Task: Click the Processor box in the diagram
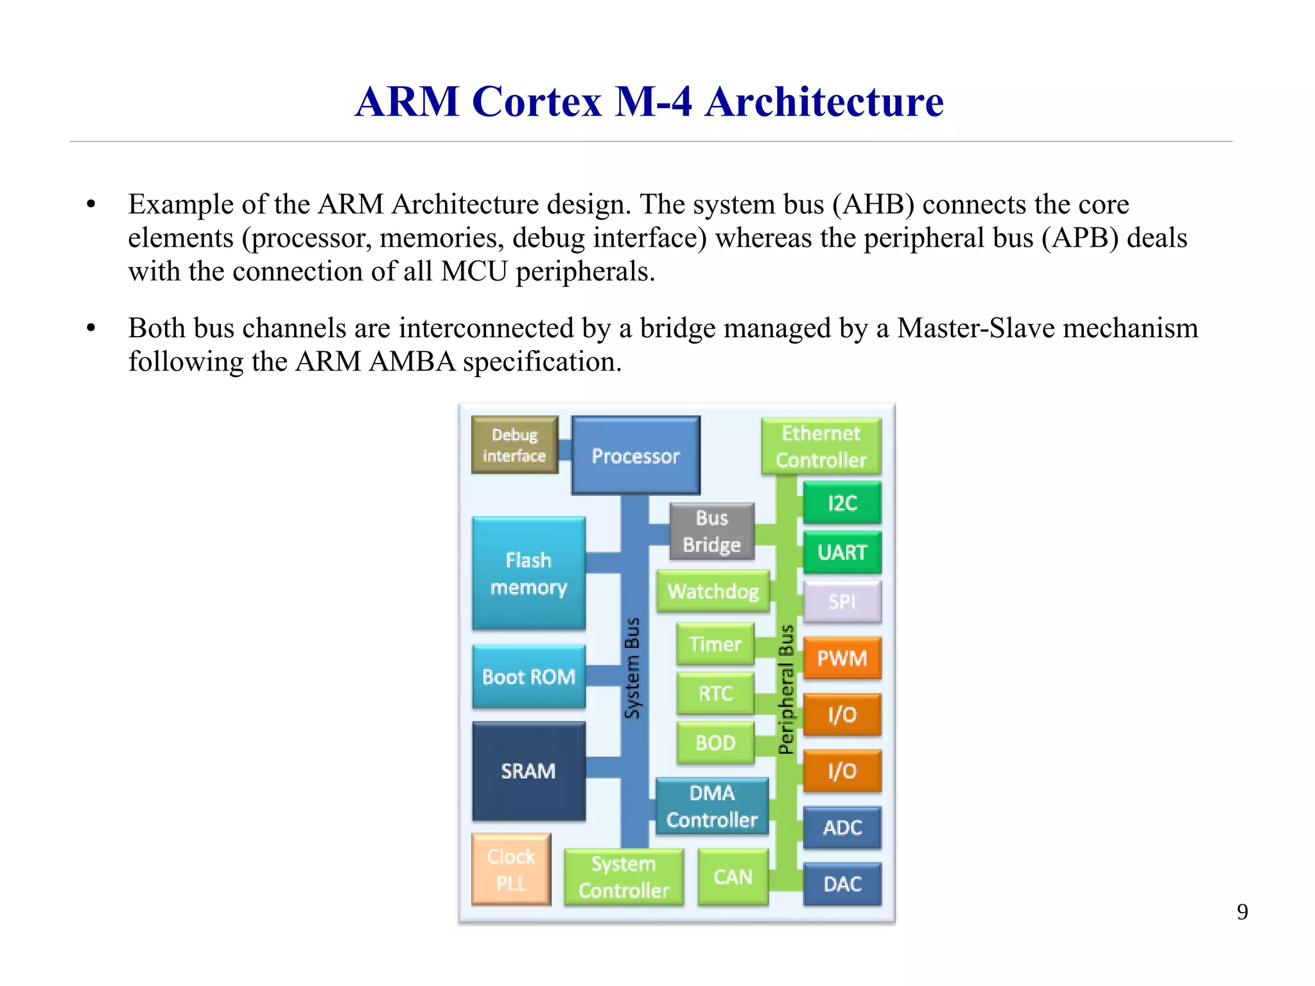[x=635, y=455]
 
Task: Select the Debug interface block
[x=514, y=445]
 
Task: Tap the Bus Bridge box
[x=711, y=531]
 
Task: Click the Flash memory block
[x=528, y=574]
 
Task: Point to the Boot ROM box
[x=528, y=676]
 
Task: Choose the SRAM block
[x=528, y=771]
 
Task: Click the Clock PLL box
[x=511, y=870]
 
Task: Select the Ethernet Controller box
[x=821, y=446]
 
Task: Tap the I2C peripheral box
[x=842, y=503]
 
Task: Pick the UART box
[x=842, y=552]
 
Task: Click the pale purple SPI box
[x=842, y=602]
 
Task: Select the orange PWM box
[x=842, y=658]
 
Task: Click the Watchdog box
[x=713, y=591]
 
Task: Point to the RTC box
[x=715, y=694]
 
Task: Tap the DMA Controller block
[x=711, y=806]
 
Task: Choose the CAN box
[x=733, y=877]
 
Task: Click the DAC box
[x=842, y=885]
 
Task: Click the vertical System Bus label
[x=632, y=668]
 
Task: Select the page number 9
[x=1242, y=912]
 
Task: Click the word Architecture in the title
[x=824, y=101]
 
